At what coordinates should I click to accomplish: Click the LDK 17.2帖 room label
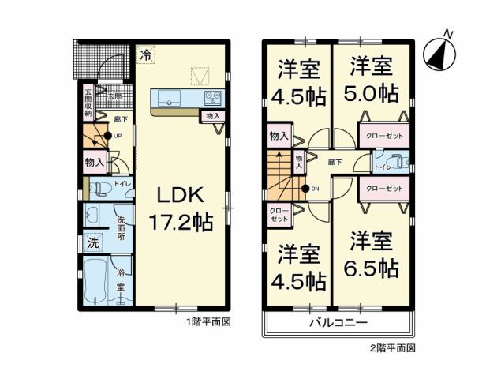pos(181,208)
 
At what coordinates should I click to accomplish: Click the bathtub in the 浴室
pos(95,280)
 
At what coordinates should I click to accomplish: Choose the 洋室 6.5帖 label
pos(370,254)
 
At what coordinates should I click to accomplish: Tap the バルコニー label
pos(337,324)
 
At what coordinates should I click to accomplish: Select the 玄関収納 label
pos(88,103)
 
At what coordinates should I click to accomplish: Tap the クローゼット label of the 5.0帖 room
pos(384,136)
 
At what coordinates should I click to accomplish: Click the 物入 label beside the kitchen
pos(212,117)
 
